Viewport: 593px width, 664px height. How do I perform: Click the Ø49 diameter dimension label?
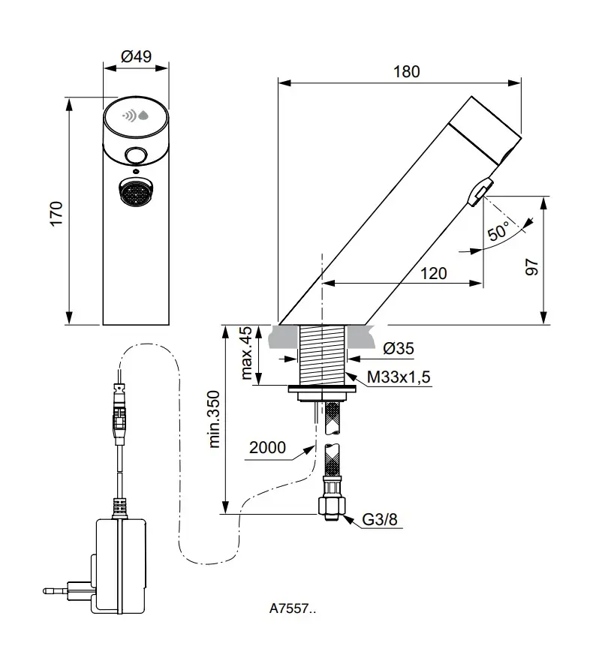click(135, 56)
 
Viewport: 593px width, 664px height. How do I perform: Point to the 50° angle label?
click(498, 231)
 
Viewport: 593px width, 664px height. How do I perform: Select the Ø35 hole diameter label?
click(398, 348)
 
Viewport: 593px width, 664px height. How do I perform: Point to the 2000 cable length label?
click(266, 448)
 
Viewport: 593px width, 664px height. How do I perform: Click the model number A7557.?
click(293, 609)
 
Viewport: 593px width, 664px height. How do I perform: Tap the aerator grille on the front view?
click(135, 194)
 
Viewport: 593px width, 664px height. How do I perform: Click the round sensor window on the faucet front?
click(136, 156)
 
